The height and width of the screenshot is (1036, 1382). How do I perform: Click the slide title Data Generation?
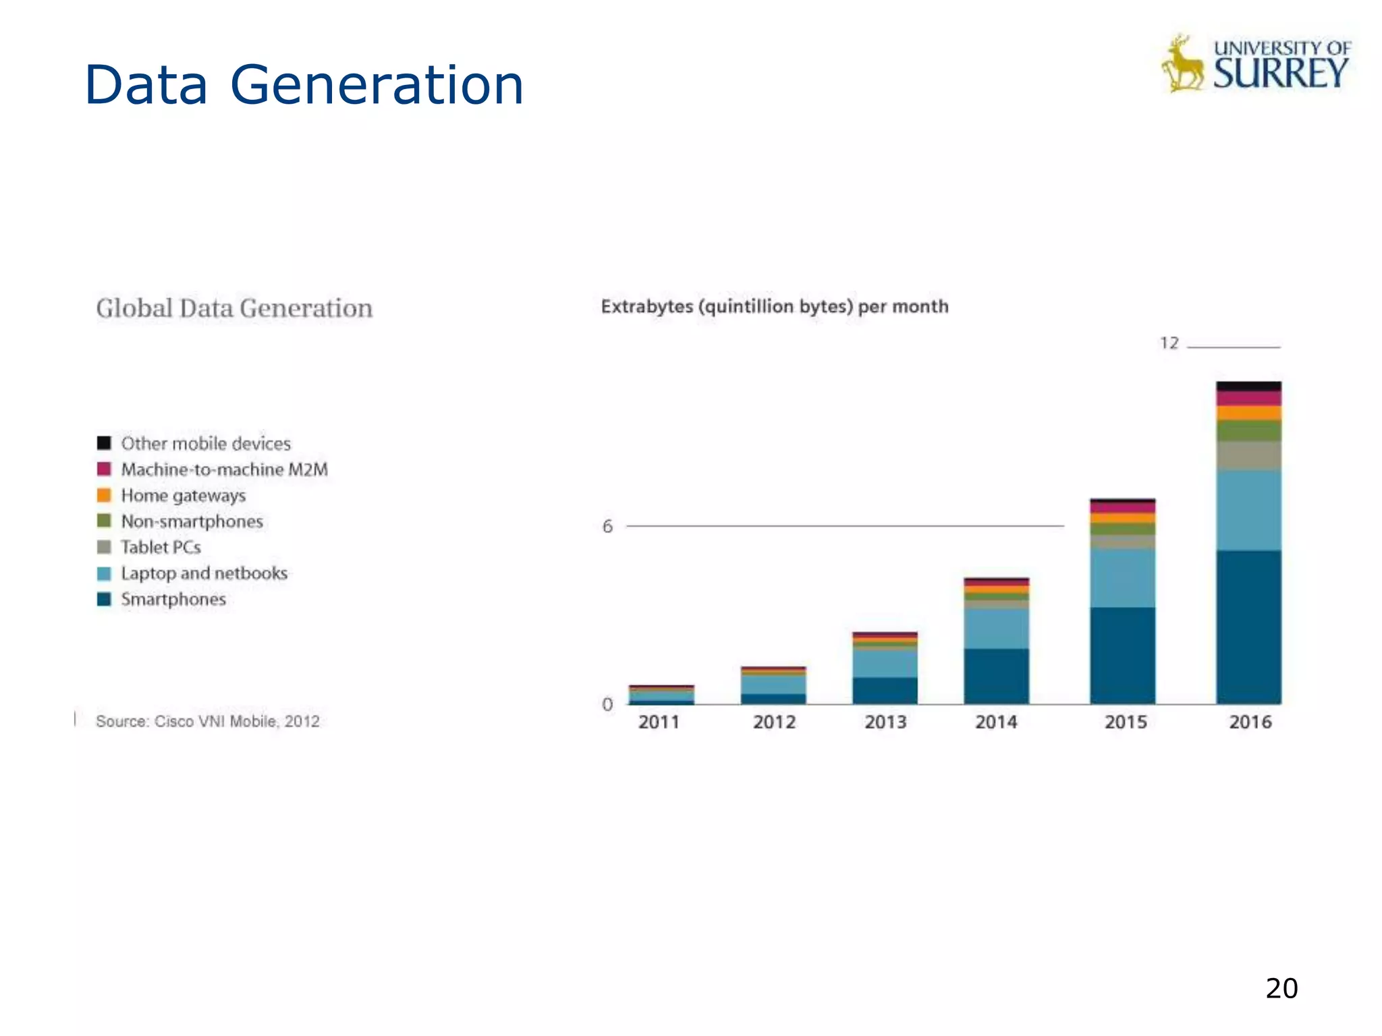click(x=304, y=85)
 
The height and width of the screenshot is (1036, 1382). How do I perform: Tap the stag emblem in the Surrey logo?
click(x=1182, y=65)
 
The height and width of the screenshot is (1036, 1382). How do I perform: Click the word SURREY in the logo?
click(x=1281, y=74)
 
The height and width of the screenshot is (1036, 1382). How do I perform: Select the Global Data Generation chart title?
click(x=234, y=308)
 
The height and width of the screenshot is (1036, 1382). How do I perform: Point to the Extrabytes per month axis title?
click(x=774, y=307)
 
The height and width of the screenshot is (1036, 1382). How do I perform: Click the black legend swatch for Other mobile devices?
click(x=104, y=443)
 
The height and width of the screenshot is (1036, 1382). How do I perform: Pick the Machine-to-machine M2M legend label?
click(x=224, y=469)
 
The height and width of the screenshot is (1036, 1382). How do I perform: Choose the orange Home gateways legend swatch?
click(x=104, y=495)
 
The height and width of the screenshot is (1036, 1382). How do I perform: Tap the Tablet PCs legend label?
click(x=161, y=547)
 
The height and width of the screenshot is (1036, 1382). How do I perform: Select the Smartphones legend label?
click(x=173, y=599)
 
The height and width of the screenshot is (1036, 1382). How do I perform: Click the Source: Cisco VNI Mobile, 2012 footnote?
click(x=207, y=722)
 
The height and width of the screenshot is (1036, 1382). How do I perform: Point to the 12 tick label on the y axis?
click(x=1169, y=343)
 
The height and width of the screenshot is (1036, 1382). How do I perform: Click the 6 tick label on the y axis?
click(x=607, y=527)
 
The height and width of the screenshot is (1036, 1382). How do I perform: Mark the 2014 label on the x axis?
click(x=996, y=722)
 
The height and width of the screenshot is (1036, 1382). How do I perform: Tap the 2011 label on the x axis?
click(x=659, y=722)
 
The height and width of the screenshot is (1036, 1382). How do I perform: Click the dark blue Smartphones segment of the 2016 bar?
click(x=1248, y=627)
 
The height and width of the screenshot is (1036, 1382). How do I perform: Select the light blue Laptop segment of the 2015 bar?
click(x=1122, y=577)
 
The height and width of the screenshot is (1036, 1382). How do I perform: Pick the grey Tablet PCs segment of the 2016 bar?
click(x=1248, y=456)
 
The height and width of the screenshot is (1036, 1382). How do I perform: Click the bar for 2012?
click(x=773, y=685)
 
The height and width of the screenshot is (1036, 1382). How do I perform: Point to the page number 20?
click(x=1281, y=988)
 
